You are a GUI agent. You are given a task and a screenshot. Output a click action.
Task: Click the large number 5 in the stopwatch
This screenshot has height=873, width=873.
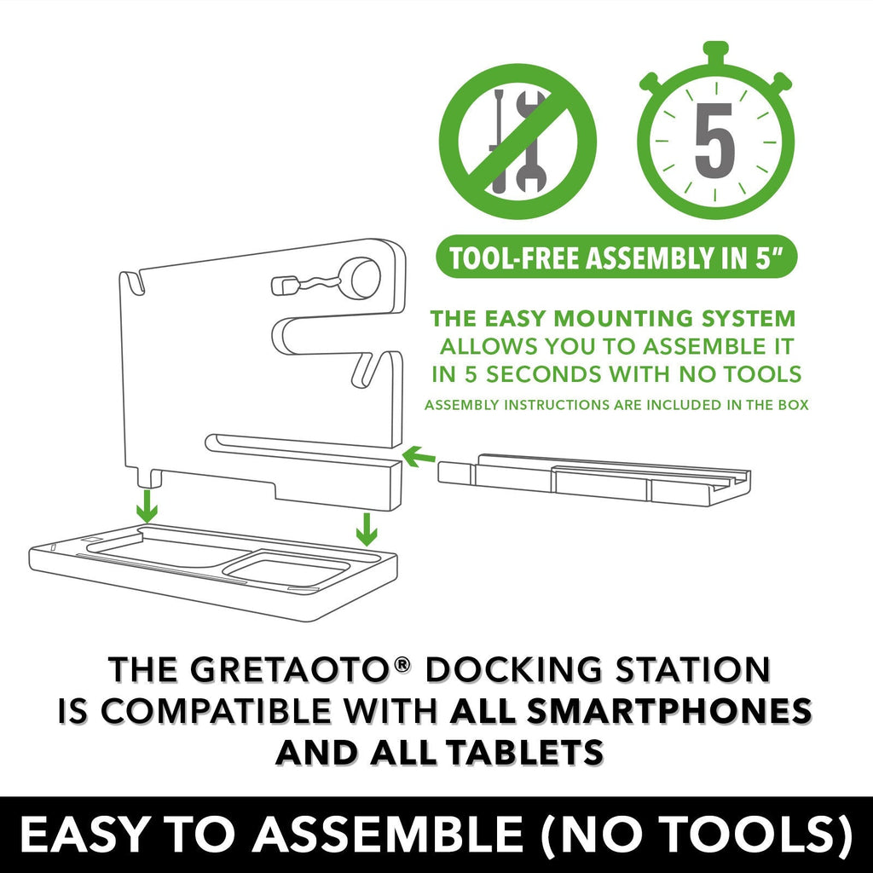[715, 141]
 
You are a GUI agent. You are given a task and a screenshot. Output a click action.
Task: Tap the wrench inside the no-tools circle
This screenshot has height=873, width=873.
[531, 141]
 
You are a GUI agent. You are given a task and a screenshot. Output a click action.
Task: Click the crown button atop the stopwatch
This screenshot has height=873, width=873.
[715, 49]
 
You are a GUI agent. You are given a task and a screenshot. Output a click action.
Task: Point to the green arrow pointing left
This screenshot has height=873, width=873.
[418, 457]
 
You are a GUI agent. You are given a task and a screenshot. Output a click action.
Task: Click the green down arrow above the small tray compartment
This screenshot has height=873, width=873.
[367, 529]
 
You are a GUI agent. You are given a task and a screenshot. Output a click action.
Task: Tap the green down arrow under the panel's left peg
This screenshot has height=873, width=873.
[147, 506]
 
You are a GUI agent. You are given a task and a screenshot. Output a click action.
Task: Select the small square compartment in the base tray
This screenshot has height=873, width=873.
[286, 570]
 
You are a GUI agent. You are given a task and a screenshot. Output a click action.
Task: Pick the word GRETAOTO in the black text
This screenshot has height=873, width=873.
[289, 669]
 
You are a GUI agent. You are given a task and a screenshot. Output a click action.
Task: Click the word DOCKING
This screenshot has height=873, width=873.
[513, 669]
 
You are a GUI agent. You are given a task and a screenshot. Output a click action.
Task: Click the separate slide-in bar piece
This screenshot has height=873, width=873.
[594, 479]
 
